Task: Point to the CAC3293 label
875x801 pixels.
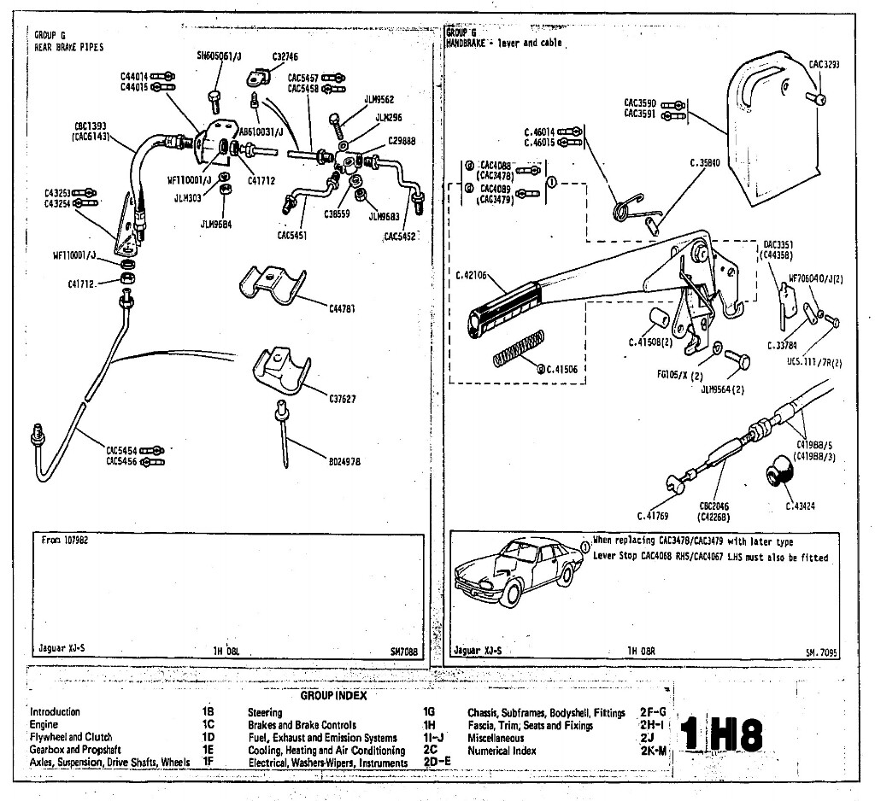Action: pyautogui.click(x=825, y=63)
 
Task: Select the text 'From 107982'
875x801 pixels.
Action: pyautogui.click(x=65, y=540)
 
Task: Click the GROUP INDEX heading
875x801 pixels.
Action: pyautogui.click(x=333, y=695)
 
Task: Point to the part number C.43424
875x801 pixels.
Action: pyautogui.click(x=801, y=506)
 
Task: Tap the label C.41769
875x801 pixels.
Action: pyautogui.click(x=654, y=515)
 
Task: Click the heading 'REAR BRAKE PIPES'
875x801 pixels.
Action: pyautogui.click(x=68, y=48)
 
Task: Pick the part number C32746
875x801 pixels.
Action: pyautogui.click(x=286, y=56)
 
